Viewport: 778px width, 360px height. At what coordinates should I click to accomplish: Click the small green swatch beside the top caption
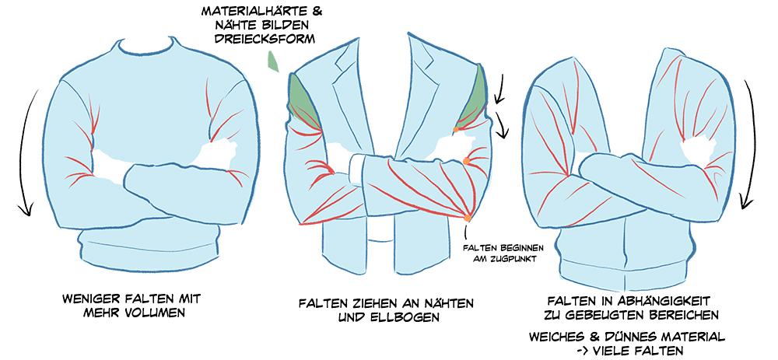click(x=272, y=60)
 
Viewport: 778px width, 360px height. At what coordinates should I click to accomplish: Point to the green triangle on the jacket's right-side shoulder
click(x=474, y=97)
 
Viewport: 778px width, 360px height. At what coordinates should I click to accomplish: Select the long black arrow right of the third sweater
click(x=748, y=144)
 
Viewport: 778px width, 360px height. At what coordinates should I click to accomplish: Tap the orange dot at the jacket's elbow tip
click(x=467, y=216)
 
